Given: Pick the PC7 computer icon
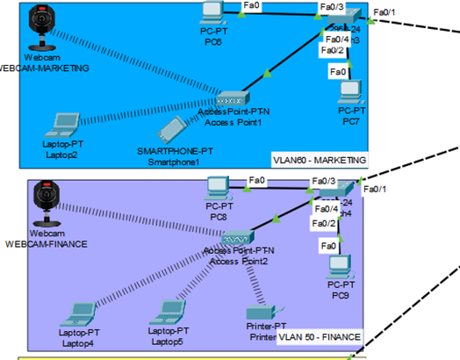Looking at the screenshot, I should click(352, 91).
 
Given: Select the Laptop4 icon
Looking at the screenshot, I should click(81, 313).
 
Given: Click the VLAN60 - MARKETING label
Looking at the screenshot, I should click(320, 160).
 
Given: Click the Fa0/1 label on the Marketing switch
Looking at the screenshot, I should click(385, 11).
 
